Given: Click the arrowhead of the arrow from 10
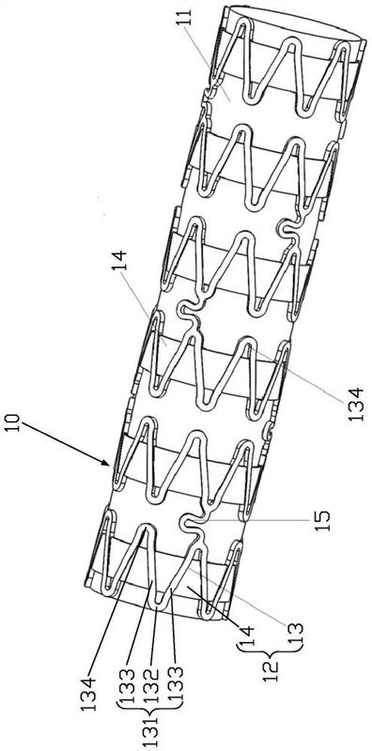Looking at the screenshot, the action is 106,461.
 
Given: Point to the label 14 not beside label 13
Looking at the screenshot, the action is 120,260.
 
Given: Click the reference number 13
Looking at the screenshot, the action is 296,635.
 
